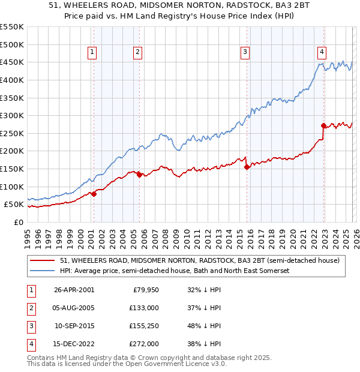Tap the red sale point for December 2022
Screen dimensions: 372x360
click(x=324, y=125)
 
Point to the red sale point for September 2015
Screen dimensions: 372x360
click(x=247, y=167)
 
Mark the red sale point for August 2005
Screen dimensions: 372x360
click(x=140, y=175)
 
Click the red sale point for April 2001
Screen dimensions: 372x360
click(x=94, y=194)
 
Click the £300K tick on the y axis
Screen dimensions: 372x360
click(x=12, y=115)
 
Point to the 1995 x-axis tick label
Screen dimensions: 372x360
click(x=27, y=234)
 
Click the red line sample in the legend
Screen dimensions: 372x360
click(x=42, y=260)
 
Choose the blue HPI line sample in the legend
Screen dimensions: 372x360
click(x=42, y=271)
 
